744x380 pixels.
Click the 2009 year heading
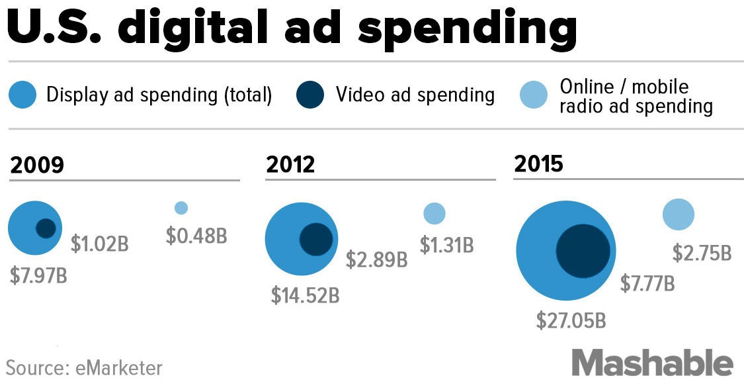tap(37, 165)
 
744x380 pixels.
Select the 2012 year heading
tap(290, 165)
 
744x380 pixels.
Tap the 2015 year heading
tap(538, 164)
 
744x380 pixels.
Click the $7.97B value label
tap(38, 275)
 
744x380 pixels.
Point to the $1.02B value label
tap(100, 244)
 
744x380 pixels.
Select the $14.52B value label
tap(305, 295)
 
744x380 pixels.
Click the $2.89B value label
tap(376, 260)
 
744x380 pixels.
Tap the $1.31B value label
tap(447, 245)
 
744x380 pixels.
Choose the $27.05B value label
tap(571, 321)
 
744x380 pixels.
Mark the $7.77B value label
tap(647, 284)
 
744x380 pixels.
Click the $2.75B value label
tap(702, 253)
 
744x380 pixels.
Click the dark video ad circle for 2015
tap(583, 251)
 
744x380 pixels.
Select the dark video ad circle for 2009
tap(46, 228)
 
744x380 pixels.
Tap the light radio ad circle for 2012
tap(434, 213)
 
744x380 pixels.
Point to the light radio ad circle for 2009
tap(181, 208)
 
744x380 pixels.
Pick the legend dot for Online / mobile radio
tap(534, 95)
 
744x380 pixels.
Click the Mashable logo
tap(653, 363)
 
